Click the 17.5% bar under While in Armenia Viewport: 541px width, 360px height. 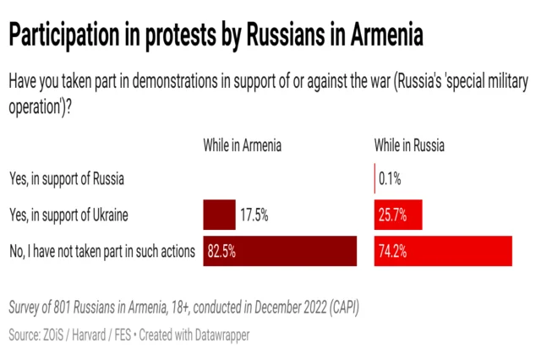click(x=219, y=215)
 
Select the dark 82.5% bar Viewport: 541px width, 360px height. click(x=279, y=251)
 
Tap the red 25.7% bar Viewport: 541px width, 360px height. click(x=397, y=215)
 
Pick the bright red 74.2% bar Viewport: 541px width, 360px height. click(x=443, y=251)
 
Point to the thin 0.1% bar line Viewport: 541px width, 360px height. click(x=374, y=178)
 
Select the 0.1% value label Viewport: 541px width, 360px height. click(x=390, y=178)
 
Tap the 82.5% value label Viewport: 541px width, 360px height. click(x=220, y=251)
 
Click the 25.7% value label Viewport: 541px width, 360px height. click(x=391, y=215)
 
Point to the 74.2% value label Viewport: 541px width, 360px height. click(x=391, y=251)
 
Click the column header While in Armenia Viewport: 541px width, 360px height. click(x=242, y=145)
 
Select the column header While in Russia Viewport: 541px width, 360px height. click(x=409, y=145)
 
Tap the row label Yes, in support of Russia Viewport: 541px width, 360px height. click(x=67, y=178)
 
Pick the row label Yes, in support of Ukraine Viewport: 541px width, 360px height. click(x=68, y=215)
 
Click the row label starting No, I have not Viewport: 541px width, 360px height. click(x=101, y=251)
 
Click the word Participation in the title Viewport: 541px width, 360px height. click(x=67, y=36)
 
